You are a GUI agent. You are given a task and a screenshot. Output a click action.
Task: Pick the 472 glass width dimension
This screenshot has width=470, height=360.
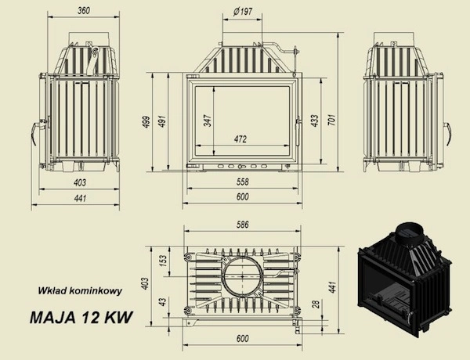240,139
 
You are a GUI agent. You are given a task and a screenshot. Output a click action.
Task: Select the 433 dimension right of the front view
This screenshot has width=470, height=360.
315,121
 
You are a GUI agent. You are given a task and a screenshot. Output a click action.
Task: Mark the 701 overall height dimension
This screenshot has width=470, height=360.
333,121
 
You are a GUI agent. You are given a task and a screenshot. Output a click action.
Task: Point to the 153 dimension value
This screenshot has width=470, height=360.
163,259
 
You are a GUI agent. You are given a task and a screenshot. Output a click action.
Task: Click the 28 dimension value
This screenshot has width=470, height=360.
315,304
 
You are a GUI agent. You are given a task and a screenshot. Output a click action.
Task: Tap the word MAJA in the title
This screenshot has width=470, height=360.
51,319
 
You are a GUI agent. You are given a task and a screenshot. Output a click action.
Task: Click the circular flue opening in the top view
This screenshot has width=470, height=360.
242,278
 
